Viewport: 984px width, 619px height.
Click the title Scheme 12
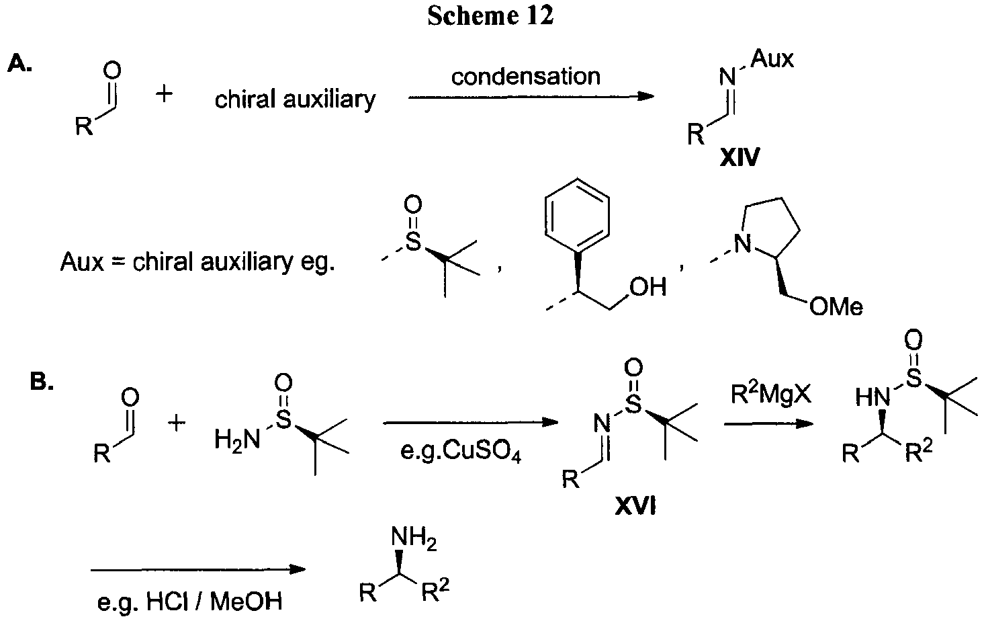coord(490,16)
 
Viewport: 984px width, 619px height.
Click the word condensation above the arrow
coord(525,77)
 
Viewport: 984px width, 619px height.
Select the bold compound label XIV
coord(740,157)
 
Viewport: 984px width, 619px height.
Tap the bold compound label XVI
coord(635,507)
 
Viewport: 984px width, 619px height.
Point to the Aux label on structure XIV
coord(772,58)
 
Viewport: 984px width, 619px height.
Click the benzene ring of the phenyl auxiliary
coord(577,215)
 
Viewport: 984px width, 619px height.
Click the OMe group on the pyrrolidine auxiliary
coord(836,306)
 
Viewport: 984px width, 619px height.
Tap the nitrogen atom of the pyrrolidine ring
coord(744,243)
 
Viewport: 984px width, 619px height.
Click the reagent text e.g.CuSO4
coord(460,451)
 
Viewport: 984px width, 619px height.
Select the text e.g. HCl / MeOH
coord(189,602)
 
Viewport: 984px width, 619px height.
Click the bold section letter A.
coord(19,65)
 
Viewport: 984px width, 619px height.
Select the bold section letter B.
coord(42,381)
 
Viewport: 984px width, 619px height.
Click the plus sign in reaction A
coord(164,93)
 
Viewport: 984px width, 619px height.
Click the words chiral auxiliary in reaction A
coord(295,99)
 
